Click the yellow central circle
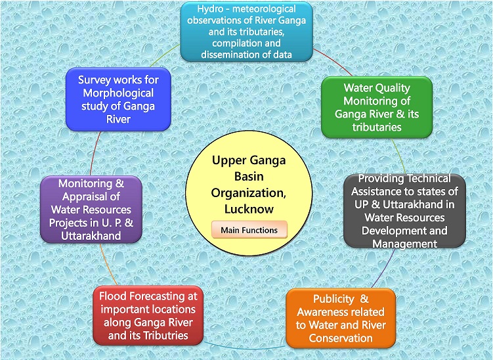(249, 193)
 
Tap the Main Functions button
(249, 230)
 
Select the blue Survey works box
(118, 99)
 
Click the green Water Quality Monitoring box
(377, 107)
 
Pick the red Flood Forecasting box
(148, 315)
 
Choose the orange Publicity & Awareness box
(341, 318)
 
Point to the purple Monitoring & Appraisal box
(91, 210)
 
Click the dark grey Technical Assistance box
(404, 211)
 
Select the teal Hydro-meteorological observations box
(247, 32)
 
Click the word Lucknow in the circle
(249, 209)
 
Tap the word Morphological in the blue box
(118, 93)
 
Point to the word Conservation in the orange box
(341, 338)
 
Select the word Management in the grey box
(404, 244)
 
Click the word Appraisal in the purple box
(91, 196)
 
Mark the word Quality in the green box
(393, 88)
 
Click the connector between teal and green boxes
(333, 62)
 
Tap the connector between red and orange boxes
(245, 347)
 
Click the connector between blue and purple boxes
(95, 153)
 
